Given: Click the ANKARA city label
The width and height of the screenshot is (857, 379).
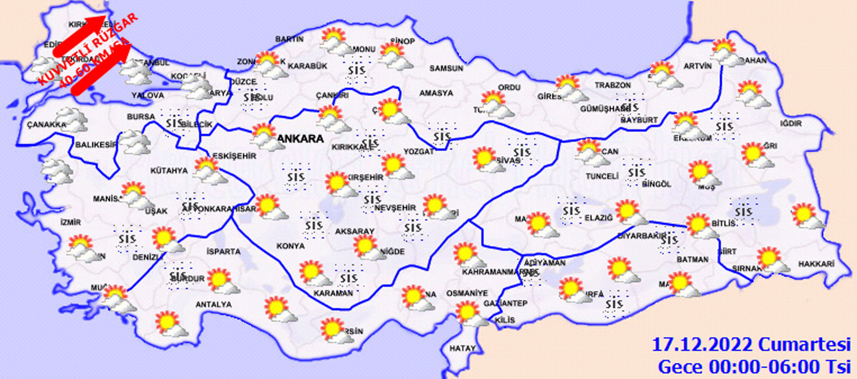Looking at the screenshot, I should pyautogui.click(x=300, y=139).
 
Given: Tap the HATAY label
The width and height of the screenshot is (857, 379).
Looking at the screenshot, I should pyautogui.click(x=462, y=348).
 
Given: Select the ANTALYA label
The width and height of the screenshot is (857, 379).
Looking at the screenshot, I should pyautogui.click(x=213, y=304).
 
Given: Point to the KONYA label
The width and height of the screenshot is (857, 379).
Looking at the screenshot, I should pyautogui.click(x=290, y=246).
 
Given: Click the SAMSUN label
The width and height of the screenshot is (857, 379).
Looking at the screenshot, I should pyautogui.click(x=446, y=68).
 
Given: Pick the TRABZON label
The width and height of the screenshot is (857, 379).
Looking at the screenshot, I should pyautogui.click(x=612, y=85).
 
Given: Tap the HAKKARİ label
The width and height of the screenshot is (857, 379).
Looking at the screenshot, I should pyautogui.click(x=816, y=264).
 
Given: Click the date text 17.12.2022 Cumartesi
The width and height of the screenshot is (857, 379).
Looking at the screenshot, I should pyautogui.click(x=751, y=345).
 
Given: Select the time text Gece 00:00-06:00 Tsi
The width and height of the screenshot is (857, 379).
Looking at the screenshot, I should pyautogui.click(x=754, y=367).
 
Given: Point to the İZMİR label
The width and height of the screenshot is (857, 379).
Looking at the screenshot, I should pyautogui.click(x=71, y=222).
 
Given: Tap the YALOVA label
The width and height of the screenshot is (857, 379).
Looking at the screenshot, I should pyautogui.click(x=148, y=96).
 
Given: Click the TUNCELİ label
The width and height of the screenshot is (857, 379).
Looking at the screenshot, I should pyautogui.click(x=602, y=176).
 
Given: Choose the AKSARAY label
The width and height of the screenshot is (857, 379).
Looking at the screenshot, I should pyautogui.click(x=354, y=231).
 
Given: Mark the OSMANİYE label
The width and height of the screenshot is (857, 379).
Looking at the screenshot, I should pyautogui.click(x=467, y=293).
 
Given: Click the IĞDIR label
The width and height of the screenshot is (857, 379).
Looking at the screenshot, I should pyautogui.click(x=791, y=123).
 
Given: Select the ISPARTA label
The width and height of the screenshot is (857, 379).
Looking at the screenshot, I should pyautogui.click(x=223, y=252).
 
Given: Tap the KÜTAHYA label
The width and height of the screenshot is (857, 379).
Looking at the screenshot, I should pyautogui.click(x=169, y=171).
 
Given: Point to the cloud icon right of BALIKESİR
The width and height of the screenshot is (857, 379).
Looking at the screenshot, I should pyautogui.click(x=135, y=142).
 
